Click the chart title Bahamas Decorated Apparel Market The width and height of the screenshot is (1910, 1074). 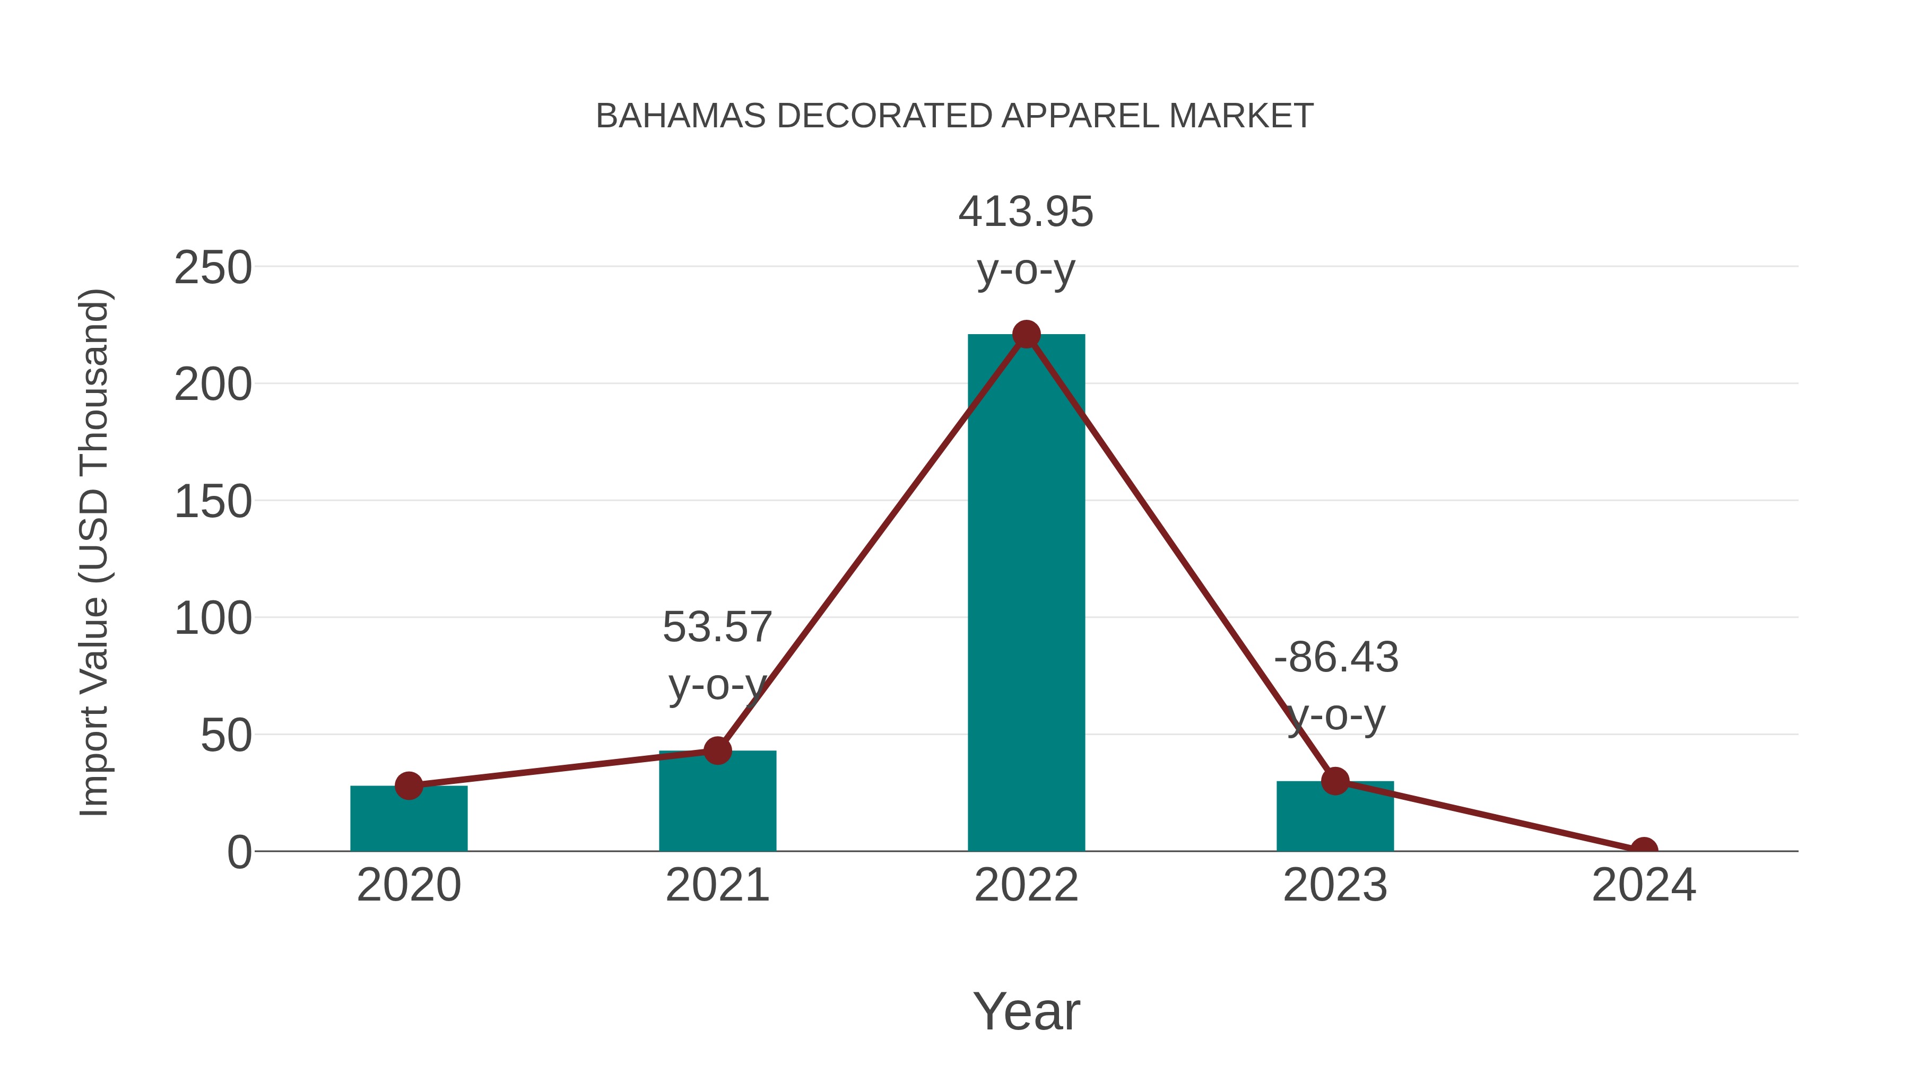click(954, 116)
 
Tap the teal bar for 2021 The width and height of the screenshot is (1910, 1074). click(717, 804)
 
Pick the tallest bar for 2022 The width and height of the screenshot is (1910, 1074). click(1026, 593)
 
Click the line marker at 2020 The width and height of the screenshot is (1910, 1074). click(409, 785)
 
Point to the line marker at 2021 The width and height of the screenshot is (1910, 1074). click(717, 751)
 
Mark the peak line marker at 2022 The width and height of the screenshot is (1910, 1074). click(1026, 334)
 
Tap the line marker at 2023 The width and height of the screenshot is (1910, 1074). click(1335, 781)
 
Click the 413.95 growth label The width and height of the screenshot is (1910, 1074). click(1026, 212)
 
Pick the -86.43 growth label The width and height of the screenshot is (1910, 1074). click(1336, 658)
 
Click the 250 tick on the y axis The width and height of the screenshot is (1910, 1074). click(213, 268)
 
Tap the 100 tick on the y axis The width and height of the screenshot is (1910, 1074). click(213, 619)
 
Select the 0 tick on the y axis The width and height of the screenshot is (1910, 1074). click(239, 852)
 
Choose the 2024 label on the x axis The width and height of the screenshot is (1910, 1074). click(1644, 885)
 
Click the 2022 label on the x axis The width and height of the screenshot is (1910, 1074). click(1026, 885)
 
